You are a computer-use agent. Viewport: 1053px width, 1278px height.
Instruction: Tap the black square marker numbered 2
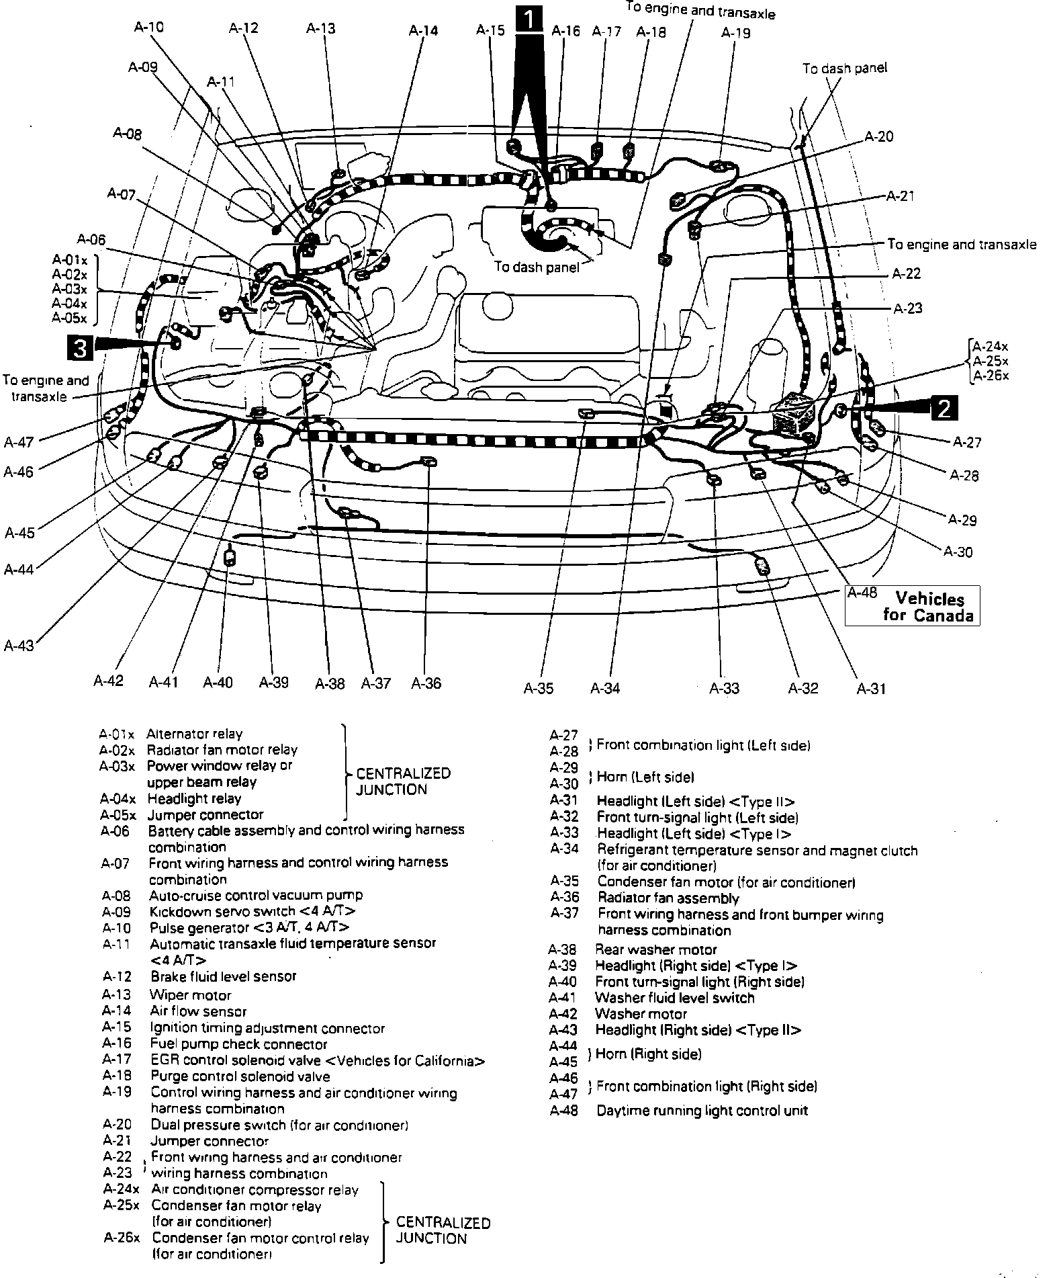tap(944, 407)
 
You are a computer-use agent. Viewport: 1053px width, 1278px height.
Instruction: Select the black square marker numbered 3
tap(79, 349)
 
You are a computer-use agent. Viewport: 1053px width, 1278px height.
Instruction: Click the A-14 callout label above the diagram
tap(422, 30)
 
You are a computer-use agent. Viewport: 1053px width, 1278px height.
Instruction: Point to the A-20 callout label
tap(878, 136)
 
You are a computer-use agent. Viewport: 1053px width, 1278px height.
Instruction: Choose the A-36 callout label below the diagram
tap(426, 683)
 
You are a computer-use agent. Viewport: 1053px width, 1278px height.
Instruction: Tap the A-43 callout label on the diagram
tap(19, 646)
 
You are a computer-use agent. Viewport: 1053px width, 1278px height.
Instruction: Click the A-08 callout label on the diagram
tap(127, 134)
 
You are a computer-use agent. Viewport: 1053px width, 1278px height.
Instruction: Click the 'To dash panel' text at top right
tap(844, 68)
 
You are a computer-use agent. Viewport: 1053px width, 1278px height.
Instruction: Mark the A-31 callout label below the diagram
tap(871, 688)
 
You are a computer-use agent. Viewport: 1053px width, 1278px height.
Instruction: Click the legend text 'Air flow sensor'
tap(198, 1011)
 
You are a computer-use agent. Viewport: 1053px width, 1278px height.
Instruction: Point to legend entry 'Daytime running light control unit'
tap(702, 1111)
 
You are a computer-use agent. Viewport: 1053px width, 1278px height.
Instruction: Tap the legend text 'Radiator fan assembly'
tap(668, 898)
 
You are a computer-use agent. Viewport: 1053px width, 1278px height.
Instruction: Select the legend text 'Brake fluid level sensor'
tap(223, 976)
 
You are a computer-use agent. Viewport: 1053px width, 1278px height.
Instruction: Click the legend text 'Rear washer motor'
tap(656, 949)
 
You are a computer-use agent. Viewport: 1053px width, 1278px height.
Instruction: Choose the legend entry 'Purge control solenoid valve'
tap(240, 1076)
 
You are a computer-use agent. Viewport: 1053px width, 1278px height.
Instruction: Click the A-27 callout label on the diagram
tap(966, 442)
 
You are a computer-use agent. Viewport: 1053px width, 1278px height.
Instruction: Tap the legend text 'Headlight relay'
tap(193, 799)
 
